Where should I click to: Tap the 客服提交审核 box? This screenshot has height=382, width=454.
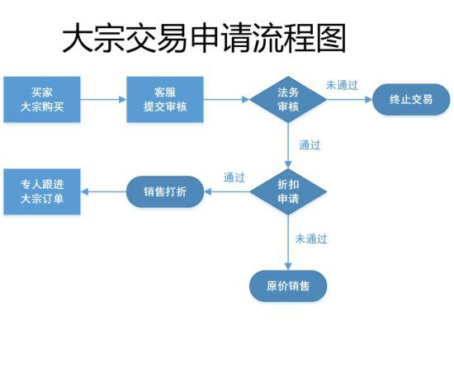(165, 100)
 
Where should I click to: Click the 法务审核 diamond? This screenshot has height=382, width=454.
(288, 100)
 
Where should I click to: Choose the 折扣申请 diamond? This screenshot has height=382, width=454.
(288, 192)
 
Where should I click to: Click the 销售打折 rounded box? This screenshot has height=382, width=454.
(165, 192)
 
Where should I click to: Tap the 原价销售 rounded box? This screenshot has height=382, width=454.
(288, 286)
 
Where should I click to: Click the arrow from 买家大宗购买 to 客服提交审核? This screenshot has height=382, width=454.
(103, 100)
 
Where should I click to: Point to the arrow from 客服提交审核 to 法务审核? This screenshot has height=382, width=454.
(226, 100)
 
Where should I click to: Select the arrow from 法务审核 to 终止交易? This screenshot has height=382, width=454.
(349, 100)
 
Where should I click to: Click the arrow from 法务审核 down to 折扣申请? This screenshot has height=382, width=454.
(288, 146)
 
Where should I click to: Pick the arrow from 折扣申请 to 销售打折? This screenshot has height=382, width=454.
(227, 192)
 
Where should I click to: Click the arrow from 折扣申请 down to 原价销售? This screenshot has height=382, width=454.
(288, 243)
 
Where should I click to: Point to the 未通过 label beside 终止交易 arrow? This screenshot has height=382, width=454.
(342, 85)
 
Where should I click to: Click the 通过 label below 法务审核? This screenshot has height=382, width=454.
(310, 146)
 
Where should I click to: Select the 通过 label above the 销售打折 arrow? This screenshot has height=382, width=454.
(234, 177)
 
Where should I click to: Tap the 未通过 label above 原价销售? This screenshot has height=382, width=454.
(311, 239)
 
